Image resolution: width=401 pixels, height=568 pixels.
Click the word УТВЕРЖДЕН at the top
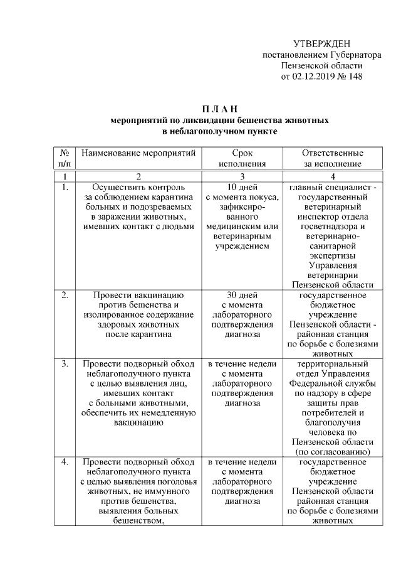[x=321, y=44]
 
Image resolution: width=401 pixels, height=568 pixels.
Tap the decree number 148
[x=355, y=76]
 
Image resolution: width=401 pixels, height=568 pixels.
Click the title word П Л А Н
[x=219, y=109]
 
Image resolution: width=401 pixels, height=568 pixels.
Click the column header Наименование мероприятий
[x=138, y=153]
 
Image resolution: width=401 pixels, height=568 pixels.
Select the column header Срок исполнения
[x=241, y=158]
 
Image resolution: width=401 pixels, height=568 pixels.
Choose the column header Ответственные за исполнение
[x=332, y=158]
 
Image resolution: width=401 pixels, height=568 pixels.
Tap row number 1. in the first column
[x=64, y=187]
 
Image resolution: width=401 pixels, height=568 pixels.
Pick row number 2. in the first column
[x=64, y=294]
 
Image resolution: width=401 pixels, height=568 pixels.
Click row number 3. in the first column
[x=64, y=363]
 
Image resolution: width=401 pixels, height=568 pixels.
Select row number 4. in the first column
[x=64, y=462]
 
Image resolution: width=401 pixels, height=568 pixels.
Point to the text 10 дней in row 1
[x=241, y=187]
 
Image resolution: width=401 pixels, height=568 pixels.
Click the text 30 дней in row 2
[x=241, y=294]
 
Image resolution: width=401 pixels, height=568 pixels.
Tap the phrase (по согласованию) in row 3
[x=332, y=452]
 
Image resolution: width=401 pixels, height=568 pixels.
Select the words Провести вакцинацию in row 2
[x=138, y=294]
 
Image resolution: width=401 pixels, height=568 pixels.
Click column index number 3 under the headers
[x=241, y=176]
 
